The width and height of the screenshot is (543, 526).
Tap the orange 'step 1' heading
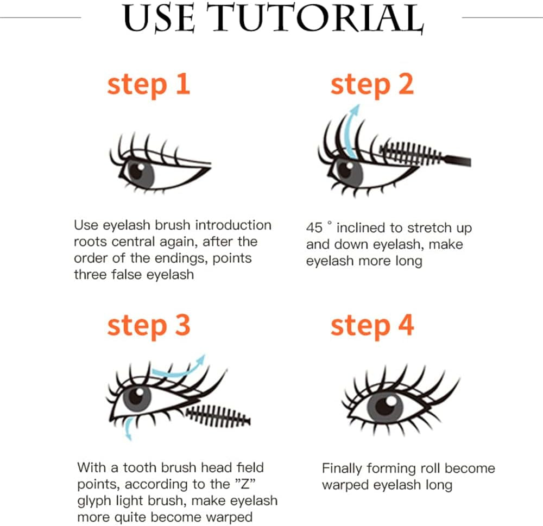click(148, 85)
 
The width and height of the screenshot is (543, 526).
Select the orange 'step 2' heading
click(372, 85)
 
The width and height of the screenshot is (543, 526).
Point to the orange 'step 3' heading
click(148, 326)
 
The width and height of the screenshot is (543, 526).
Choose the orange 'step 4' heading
click(372, 326)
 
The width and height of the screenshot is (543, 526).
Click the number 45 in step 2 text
click(315, 228)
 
